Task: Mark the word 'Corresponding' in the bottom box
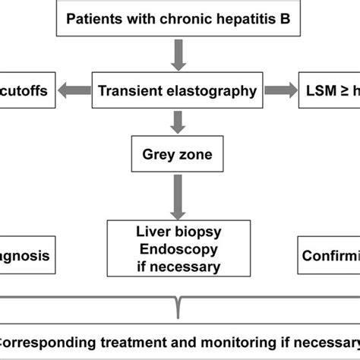tap(46, 341)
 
